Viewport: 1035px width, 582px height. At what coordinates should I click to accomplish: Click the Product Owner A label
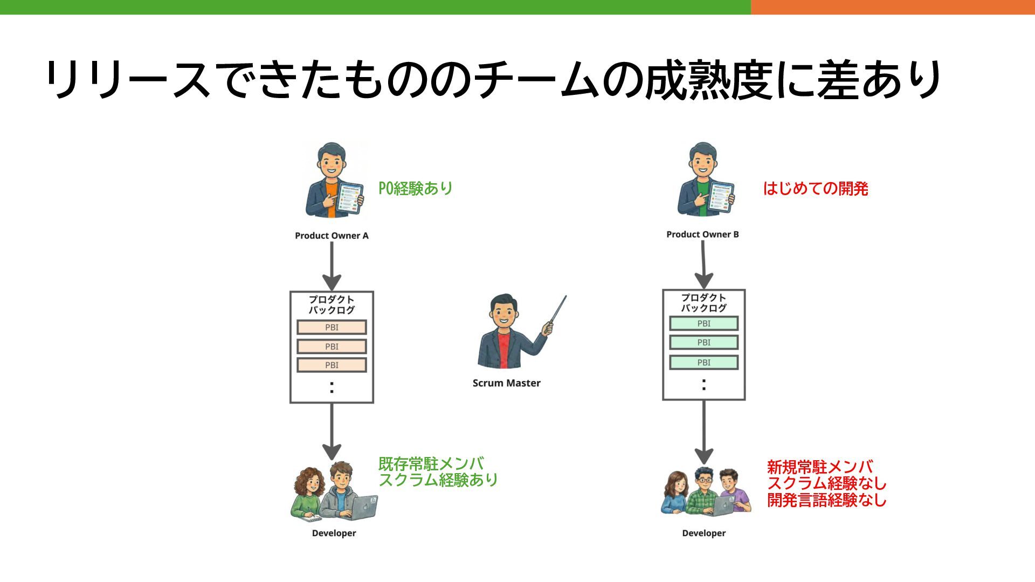[332, 235]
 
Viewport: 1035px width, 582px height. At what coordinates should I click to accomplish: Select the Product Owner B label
[702, 234]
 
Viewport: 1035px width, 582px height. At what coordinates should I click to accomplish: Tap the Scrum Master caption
[506, 383]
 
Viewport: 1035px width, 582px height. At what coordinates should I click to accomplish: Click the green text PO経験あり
[415, 189]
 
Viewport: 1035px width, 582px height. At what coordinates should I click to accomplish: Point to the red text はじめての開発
[815, 189]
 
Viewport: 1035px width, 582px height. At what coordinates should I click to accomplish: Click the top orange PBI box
[332, 327]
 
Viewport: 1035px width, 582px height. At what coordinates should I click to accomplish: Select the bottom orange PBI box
[332, 365]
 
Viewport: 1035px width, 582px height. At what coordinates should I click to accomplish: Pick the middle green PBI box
[703, 342]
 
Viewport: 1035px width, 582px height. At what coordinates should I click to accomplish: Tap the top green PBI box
[703, 323]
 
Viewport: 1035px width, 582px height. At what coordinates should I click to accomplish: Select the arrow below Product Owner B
[703, 264]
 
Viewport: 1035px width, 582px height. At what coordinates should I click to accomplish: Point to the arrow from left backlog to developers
[332, 431]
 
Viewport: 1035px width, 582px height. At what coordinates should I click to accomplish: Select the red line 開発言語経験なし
[826, 500]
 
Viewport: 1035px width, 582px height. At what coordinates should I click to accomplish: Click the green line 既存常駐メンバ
[431, 463]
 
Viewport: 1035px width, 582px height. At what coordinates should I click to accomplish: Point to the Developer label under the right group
[703, 533]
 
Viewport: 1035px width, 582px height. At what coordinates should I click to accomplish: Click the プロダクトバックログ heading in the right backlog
[703, 303]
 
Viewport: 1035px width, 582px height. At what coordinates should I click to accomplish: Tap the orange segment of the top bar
[892, 7]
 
